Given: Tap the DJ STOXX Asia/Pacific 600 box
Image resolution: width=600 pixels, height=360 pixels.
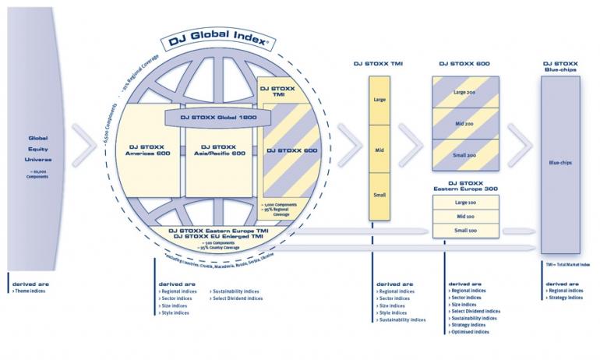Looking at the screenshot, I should coord(217,150).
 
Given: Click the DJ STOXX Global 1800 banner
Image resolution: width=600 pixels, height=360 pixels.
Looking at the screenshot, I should coord(217,117).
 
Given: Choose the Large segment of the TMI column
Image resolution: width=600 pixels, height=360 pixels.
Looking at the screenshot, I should coord(379,100).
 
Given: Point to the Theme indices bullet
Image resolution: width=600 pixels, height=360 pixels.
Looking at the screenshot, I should coord(29,291).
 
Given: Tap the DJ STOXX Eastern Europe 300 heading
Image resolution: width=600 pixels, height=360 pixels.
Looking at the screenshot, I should coord(466,186).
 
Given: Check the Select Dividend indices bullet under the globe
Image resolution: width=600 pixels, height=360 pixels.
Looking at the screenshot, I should coord(237,298).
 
